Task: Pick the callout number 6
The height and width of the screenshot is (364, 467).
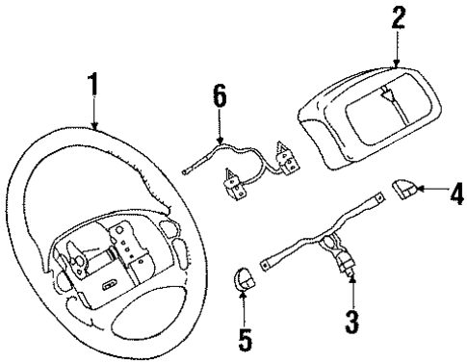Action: (x=220, y=97)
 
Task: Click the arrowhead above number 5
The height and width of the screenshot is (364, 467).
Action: (x=245, y=297)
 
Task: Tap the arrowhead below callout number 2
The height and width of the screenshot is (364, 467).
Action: (x=396, y=65)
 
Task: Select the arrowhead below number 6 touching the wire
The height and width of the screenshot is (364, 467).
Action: (x=220, y=145)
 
